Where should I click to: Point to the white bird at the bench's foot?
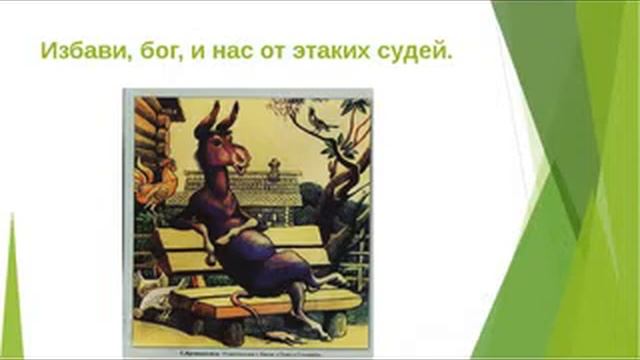tap(154, 294)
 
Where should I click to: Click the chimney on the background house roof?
tap(273, 167)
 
